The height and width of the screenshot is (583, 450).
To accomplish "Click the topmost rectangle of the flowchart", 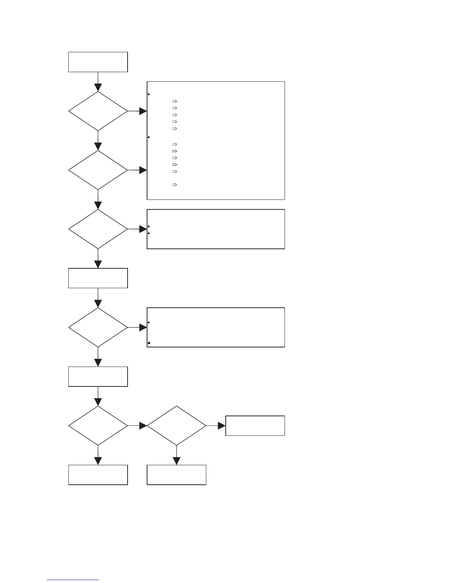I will [x=98, y=62].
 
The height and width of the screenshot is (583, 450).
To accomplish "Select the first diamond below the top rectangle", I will [x=98, y=111].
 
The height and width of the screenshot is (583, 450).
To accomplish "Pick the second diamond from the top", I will [x=98, y=170].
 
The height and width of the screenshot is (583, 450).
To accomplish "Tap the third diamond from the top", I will [x=98, y=229].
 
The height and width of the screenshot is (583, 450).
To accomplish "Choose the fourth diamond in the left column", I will [x=98, y=327].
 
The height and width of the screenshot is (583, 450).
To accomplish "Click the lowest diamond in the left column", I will [x=98, y=425].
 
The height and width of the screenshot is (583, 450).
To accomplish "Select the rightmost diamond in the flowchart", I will [x=176, y=425].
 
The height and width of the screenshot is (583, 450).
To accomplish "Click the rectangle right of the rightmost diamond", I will [x=255, y=425].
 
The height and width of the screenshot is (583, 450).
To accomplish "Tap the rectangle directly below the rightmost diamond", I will [x=176, y=475].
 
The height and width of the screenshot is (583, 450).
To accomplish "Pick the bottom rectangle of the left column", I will [x=98, y=475].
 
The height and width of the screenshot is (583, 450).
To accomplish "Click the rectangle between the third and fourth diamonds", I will [x=98, y=278].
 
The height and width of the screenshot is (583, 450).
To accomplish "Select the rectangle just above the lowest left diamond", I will [x=98, y=377].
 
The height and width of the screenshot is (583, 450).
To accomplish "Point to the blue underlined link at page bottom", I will [x=73, y=580].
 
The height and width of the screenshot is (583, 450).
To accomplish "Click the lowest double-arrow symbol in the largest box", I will [x=175, y=184].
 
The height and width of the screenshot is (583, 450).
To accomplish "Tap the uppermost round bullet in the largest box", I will [x=148, y=95].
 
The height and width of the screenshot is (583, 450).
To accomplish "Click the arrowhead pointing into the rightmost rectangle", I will [x=221, y=426].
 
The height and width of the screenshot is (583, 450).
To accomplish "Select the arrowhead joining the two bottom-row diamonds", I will [x=143, y=426].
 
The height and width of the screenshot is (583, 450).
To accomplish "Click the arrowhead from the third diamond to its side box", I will [x=143, y=229].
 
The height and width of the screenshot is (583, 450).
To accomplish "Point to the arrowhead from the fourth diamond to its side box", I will [x=143, y=328].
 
